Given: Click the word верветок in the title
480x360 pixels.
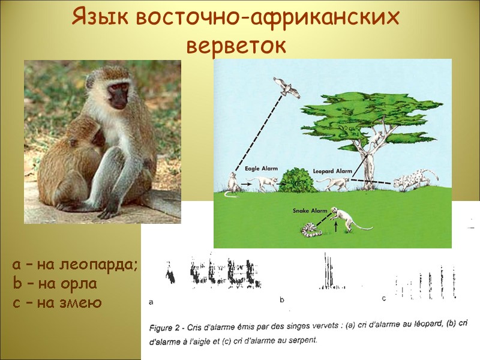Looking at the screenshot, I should pyautogui.click(x=237, y=45).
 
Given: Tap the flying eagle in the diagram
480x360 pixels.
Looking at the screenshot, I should pyautogui.click(x=287, y=88).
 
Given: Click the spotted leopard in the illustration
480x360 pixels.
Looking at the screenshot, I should pyautogui.click(x=416, y=179).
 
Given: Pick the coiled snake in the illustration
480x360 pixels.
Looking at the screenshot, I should pyautogui.click(x=311, y=230).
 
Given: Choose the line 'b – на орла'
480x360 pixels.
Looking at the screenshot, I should pyautogui.click(x=55, y=283).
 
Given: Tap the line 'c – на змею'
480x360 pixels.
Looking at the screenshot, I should pyautogui.click(x=57, y=302).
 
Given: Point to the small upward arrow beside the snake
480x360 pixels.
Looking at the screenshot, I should pyautogui.click(x=335, y=226).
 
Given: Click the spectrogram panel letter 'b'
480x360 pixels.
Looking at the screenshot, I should pyautogui.click(x=281, y=299).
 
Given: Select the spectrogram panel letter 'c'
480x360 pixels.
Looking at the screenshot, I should pyautogui.click(x=383, y=298).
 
